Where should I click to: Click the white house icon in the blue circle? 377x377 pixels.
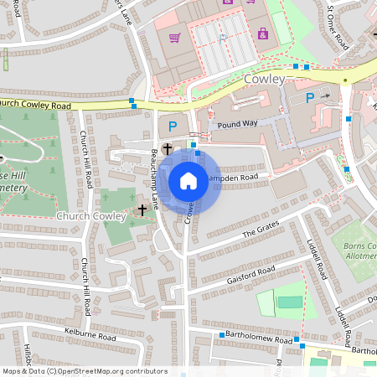click(188, 181)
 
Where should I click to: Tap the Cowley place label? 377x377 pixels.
click(265, 79)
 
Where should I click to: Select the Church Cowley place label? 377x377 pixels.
click(90, 216)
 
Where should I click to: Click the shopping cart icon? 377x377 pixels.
click(174, 38)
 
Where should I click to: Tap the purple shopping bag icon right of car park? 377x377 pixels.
click(263, 34)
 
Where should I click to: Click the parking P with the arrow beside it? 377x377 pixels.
click(309, 98)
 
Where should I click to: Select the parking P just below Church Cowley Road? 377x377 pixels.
click(173, 127)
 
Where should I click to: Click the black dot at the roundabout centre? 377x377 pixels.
click(344, 80)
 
